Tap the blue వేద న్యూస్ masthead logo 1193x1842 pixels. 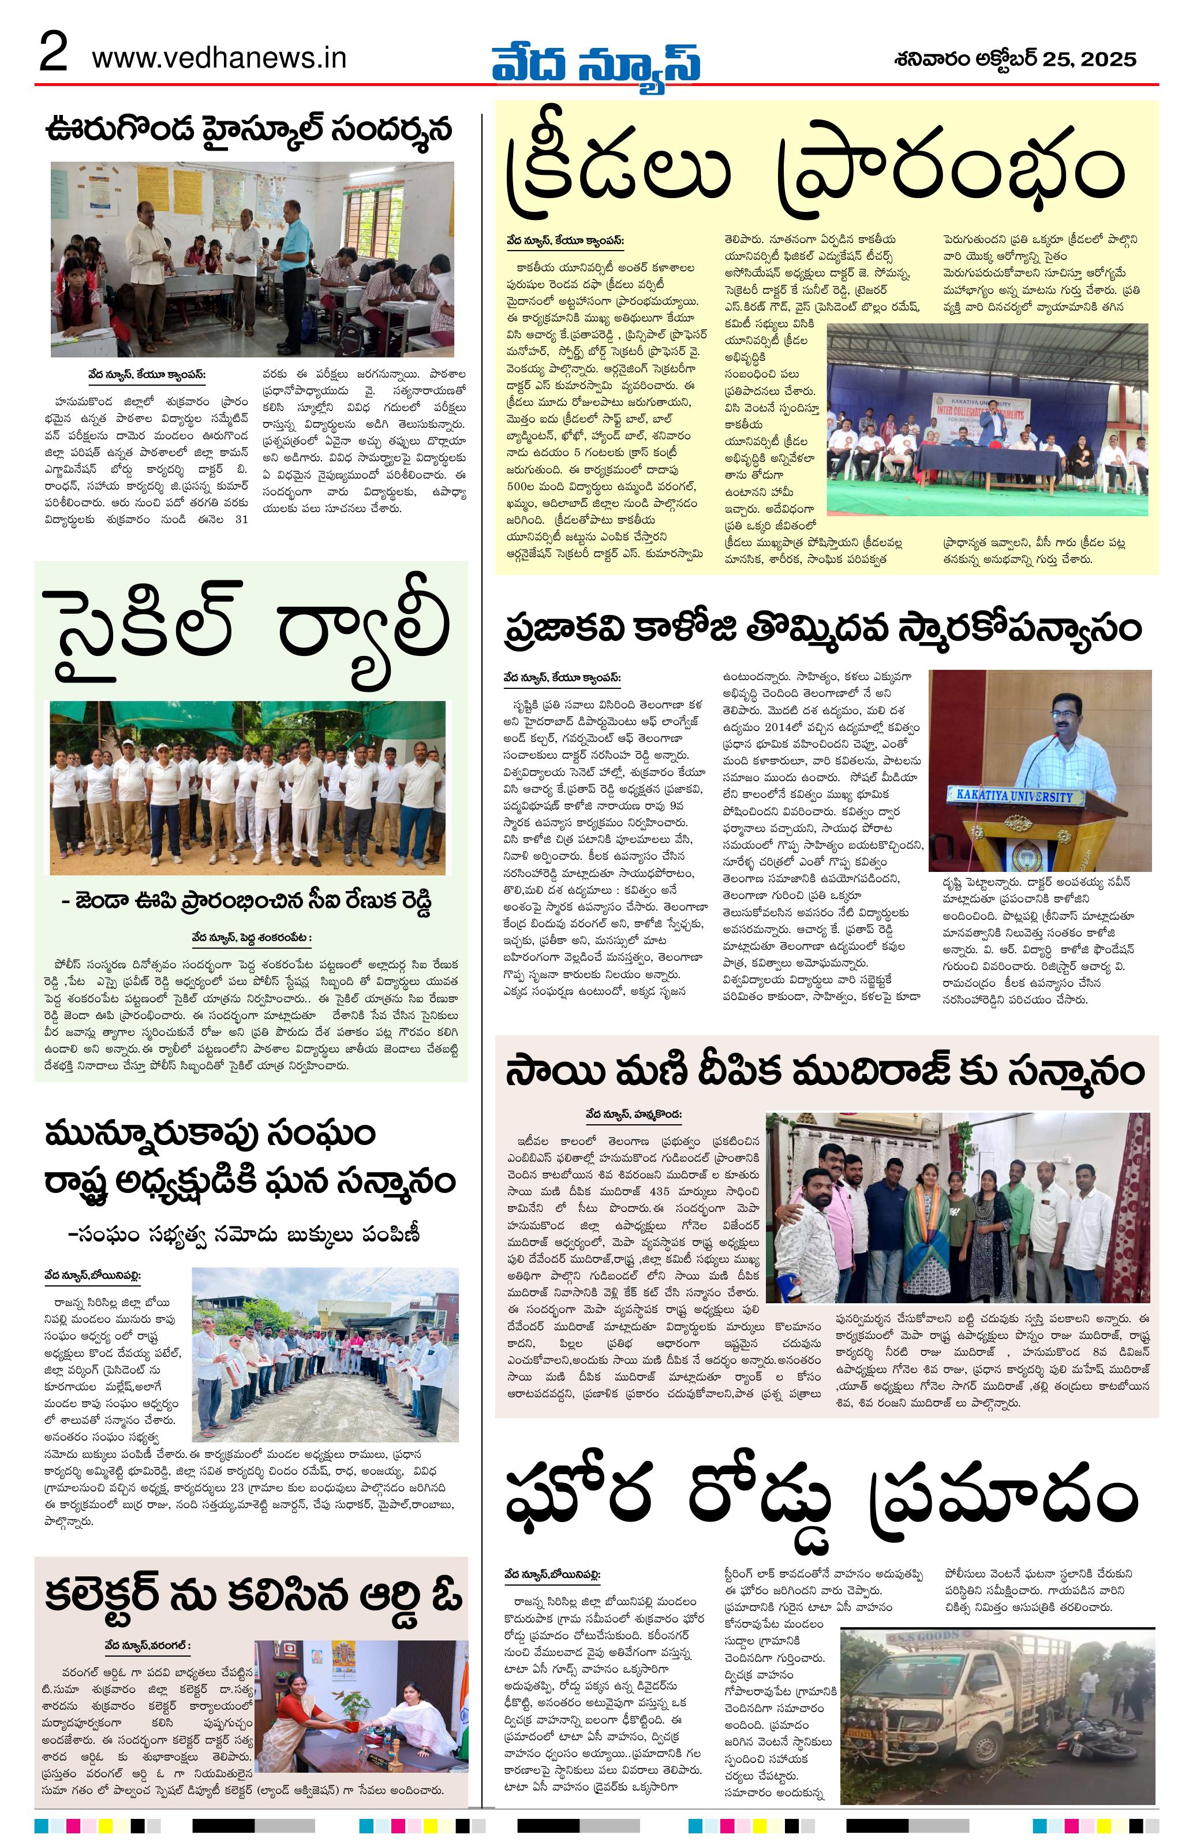[x=596, y=62]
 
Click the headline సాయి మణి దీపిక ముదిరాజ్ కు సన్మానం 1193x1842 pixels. [x=825, y=1073]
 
